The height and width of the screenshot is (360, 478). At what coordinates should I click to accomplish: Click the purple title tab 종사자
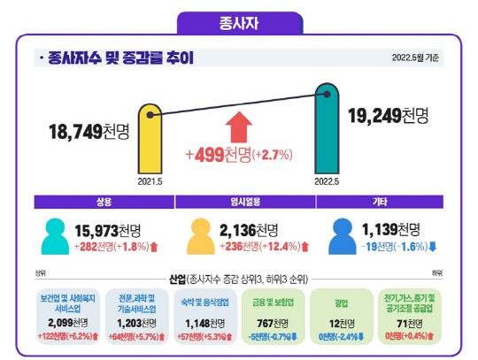point(239,19)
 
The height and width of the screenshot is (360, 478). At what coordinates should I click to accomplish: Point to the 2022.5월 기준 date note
point(414,58)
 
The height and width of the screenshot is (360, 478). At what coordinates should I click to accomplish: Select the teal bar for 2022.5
point(327,128)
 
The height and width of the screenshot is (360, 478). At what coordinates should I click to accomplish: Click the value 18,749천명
point(89,134)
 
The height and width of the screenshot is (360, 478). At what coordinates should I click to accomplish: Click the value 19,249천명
point(388,115)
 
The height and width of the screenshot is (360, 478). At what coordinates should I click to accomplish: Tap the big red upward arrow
point(240,126)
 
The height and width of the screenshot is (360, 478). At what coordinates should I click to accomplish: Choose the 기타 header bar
point(387,201)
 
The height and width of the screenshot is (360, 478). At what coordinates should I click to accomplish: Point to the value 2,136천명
point(249,228)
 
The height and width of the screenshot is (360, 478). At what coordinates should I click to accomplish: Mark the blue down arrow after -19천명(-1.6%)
point(431,245)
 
